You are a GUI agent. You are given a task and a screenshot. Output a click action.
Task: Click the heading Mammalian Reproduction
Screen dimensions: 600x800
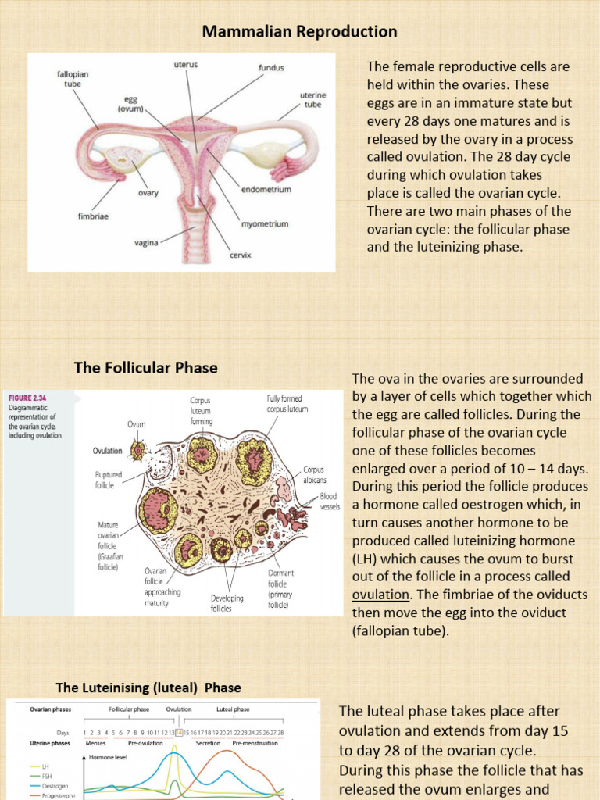pyautogui.click(x=300, y=32)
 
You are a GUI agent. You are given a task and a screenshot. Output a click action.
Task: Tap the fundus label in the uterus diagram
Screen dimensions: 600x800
pyautogui.click(x=271, y=68)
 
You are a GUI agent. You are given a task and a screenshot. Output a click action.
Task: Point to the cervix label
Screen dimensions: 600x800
pyautogui.click(x=240, y=255)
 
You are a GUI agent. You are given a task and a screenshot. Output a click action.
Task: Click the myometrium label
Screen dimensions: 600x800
pyautogui.click(x=265, y=224)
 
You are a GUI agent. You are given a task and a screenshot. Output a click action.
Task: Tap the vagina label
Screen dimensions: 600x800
pyautogui.click(x=145, y=243)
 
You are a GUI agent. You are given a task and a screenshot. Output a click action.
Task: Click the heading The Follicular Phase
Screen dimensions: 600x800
pyautogui.click(x=145, y=367)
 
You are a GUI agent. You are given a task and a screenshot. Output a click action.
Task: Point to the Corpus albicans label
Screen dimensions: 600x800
pyautogui.click(x=314, y=475)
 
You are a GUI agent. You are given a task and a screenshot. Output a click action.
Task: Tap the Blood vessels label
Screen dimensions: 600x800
pyautogui.click(x=329, y=501)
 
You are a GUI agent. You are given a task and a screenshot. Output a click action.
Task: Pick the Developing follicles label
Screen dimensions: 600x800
pyautogui.click(x=227, y=603)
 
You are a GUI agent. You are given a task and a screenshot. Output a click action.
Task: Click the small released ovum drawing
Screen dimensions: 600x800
pyautogui.click(x=139, y=449)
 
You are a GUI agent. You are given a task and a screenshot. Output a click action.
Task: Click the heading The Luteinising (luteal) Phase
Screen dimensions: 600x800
pyautogui.click(x=148, y=687)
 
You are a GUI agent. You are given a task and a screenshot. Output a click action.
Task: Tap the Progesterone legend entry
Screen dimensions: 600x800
pyautogui.click(x=48, y=795)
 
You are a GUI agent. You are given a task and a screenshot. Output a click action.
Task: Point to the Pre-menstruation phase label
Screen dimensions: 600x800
pyautogui.click(x=255, y=744)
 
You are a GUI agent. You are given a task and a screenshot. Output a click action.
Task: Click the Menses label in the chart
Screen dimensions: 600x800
pyautogui.click(x=95, y=744)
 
